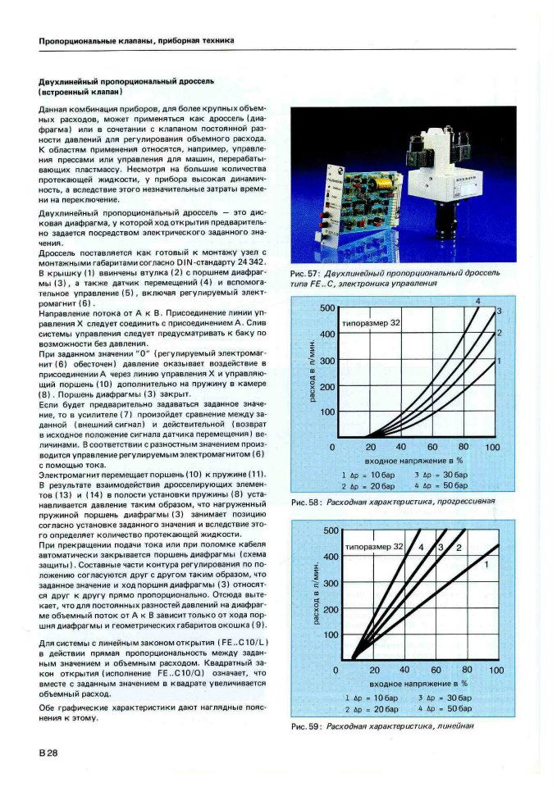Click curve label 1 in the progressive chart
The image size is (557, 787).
coord(499,361)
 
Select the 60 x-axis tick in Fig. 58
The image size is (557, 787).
coord(432,448)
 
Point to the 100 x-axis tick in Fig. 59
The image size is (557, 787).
coord(496,671)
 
